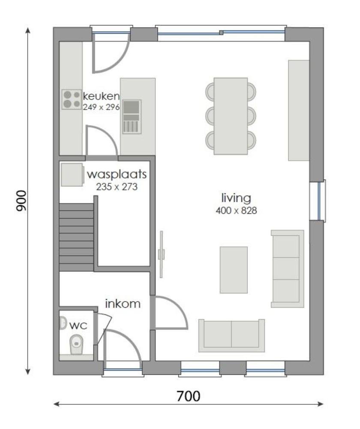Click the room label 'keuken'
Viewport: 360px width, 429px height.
click(101, 95)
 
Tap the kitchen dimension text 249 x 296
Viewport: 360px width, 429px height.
click(101, 107)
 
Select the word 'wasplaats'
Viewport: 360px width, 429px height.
click(117, 175)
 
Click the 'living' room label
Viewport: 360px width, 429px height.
click(236, 198)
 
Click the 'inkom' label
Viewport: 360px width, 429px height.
click(123, 304)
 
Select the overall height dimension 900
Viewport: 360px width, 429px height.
click(21, 201)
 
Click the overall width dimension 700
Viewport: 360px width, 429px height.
click(188, 396)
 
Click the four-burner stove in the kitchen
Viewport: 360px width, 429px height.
click(72, 99)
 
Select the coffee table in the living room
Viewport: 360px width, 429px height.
click(234, 269)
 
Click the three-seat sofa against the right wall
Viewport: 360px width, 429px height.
click(287, 269)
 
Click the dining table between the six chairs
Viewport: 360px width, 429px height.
click(231, 115)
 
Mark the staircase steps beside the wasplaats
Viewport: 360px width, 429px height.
click(76, 237)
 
